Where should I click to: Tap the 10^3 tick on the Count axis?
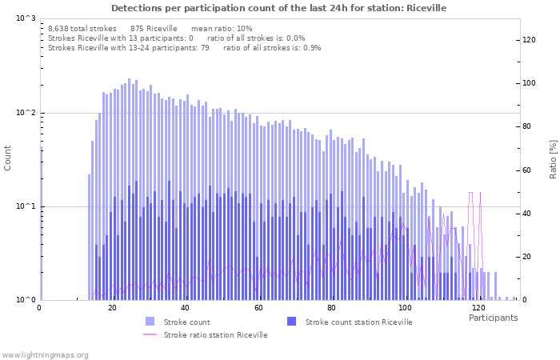pyautogui.click(x=26, y=18)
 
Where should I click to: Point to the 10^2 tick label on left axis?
pyautogui.click(x=26, y=113)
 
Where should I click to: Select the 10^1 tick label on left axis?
pyautogui.click(x=26, y=206)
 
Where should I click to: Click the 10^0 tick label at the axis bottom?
pyautogui.click(x=26, y=300)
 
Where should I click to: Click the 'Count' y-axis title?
pyautogui.click(x=8, y=158)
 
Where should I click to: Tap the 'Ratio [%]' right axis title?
pyautogui.click(x=552, y=158)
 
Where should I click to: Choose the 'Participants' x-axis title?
pyautogui.click(x=493, y=318)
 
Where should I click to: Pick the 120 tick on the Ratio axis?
pyautogui.click(x=529, y=40)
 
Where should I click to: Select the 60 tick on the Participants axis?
pyautogui.click(x=258, y=308)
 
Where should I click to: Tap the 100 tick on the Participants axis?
pyautogui.click(x=406, y=308)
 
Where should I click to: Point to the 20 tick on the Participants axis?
pyautogui.click(x=112, y=308)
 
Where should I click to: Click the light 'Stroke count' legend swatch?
pyautogui.click(x=150, y=322)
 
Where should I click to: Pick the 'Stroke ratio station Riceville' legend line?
pyautogui.click(x=150, y=334)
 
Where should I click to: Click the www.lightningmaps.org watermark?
pyautogui.click(x=46, y=354)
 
